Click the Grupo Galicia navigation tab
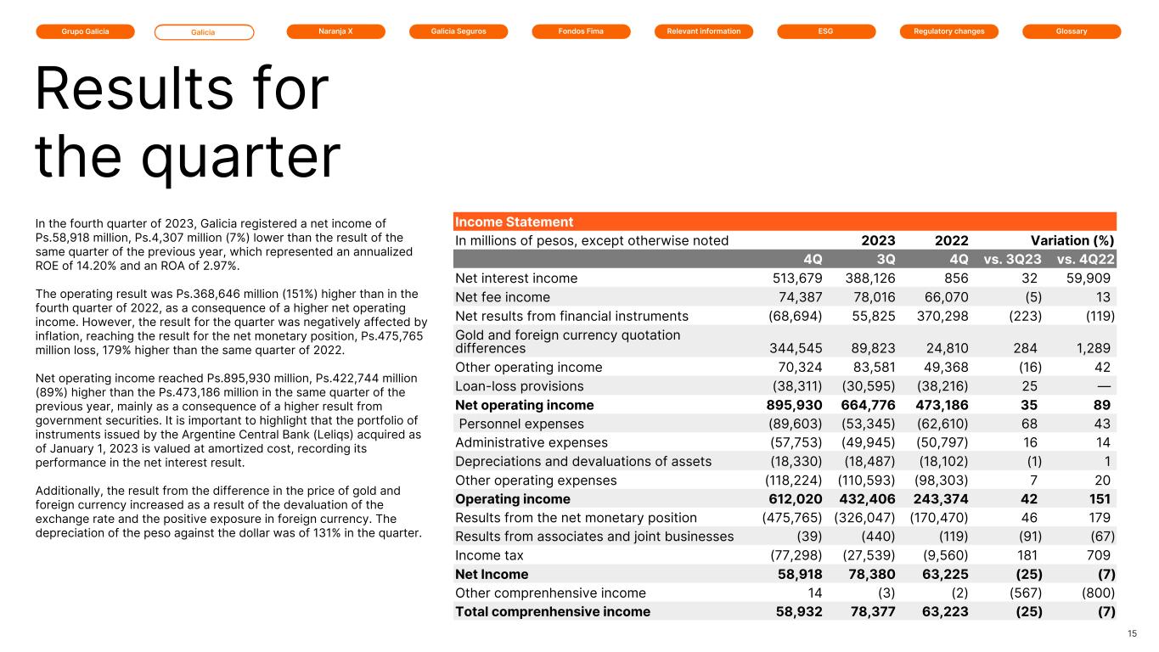(x=85, y=31)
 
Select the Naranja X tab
(x=336, y=31)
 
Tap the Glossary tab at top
(x=1072, y=31)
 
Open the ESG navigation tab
(x=826, y=31)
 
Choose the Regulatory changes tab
(x=949, y=31)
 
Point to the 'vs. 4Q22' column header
(x=1085, y=259)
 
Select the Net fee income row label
(x=503, y=297)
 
